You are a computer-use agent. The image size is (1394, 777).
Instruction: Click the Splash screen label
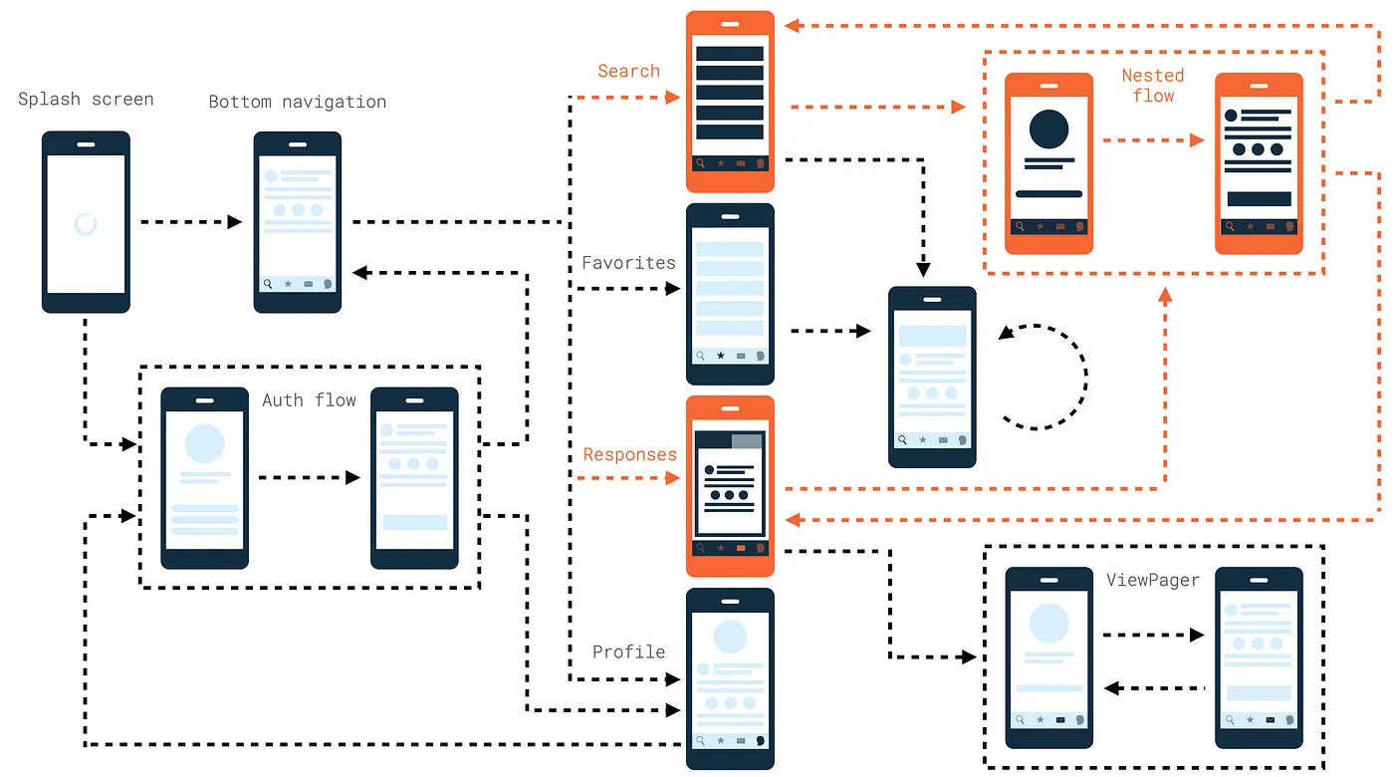tap(86, 100)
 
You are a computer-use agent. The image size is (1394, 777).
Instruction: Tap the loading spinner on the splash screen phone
tap(86, 224)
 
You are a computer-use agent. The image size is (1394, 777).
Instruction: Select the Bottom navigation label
tap(297, 102)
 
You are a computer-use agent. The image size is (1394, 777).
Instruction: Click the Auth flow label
tap(309, 400)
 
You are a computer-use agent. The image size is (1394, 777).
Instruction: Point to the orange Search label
tap(628, 72)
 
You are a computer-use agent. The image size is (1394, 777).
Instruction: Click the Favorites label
tap(628, 263)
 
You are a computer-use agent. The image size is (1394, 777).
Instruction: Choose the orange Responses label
tap(629, 455)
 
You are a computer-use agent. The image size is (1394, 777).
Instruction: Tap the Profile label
tap(628, 652)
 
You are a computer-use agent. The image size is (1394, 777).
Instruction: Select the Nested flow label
tap(1153, 86)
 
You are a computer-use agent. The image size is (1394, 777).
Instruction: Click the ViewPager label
tap(1153, 580)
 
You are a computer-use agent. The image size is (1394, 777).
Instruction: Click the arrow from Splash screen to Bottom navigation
tap(189, 222)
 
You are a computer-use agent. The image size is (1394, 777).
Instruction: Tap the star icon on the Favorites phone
tap(721, 356)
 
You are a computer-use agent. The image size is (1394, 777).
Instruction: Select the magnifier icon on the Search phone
tap(700, 163)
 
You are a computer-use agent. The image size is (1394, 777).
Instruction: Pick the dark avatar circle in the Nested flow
tap(1048, 129)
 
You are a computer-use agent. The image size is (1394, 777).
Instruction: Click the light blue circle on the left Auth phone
tap(205, 443)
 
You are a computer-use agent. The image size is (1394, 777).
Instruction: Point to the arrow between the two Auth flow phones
tap(309, 478)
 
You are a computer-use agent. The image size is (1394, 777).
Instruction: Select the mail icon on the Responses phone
tap(740, 548)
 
